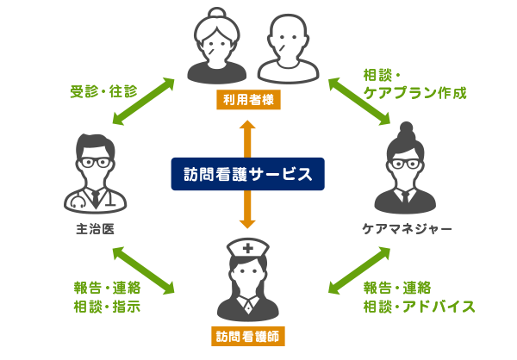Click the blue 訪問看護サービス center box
(247, 174)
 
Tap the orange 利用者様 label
(248, 99)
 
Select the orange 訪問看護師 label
(247, 336)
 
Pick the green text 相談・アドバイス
(420, 306)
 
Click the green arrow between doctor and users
(143, 102)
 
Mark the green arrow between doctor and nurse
(143, 270)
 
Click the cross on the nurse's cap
(248, 248)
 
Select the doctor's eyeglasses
(95, 162)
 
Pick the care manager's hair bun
(406, 129)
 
